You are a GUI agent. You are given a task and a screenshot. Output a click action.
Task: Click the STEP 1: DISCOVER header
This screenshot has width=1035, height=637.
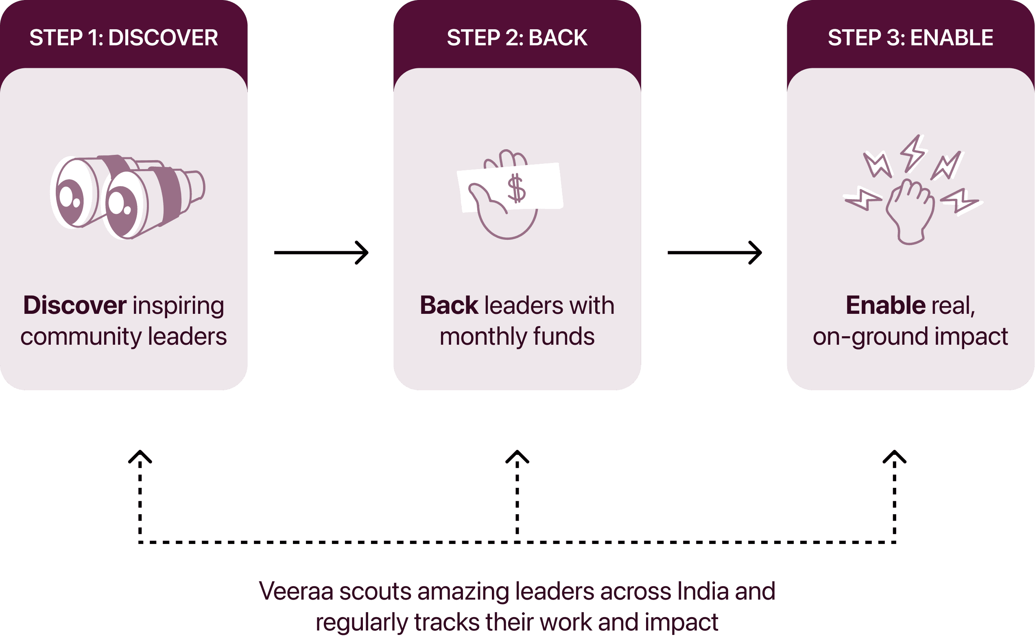[124, 38]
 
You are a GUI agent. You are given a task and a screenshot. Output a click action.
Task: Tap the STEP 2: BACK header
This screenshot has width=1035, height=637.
[517, 38]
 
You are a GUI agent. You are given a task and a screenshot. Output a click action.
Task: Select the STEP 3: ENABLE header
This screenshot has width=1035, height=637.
[910, 38]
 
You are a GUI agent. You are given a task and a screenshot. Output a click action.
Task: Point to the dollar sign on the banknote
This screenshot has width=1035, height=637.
[516, 189]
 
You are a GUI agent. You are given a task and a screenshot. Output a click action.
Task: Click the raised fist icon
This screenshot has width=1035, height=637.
[910, 211]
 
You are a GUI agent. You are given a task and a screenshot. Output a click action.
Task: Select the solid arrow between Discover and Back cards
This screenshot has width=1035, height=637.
[321, 252]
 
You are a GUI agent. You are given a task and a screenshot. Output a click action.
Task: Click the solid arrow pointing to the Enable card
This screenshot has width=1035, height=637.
[714, 252]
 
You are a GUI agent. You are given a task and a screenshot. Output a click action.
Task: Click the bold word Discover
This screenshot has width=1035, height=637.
[74, 305]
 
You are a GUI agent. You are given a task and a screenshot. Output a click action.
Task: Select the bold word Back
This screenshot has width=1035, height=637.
[449, 305]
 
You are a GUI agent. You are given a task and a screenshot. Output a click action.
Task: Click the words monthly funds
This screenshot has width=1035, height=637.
[517, 337]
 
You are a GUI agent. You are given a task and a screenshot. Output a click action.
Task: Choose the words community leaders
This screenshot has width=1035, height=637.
[124, 337]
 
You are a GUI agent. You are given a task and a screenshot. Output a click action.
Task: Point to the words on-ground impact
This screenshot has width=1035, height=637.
[910, 337]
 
